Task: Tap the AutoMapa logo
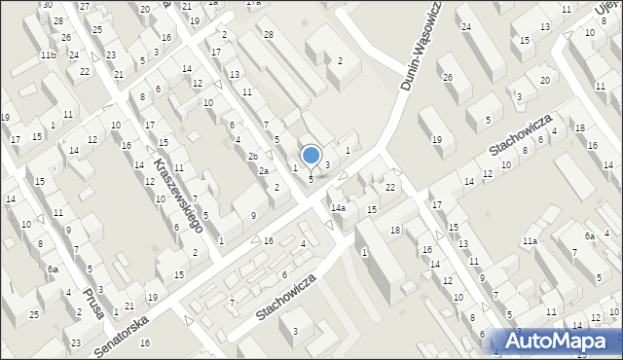[558, 341]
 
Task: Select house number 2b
[252, 157]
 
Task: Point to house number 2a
[263, 171]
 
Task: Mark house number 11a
[530, 240]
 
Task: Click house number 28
[269, 35]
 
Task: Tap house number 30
[46, 5]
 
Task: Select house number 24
[466, 26]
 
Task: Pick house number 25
[34, 314]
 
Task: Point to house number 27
[85, 6]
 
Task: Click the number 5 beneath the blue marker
[311, 179]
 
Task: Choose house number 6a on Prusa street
[54, 269]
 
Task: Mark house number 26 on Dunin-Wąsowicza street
[448, 77]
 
